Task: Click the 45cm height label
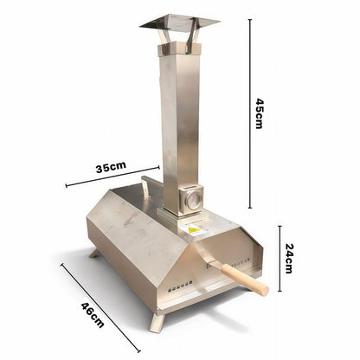tap(260, 113)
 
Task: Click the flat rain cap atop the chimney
tap(179, 22)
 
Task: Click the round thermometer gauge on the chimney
tap(193, 201)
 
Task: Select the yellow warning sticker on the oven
tap(195, 230)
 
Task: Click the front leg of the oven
tap(157, 321)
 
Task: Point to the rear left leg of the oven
tap(94, 253)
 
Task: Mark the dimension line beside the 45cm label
tap(250, 113)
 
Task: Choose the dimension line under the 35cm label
tap(112, 177)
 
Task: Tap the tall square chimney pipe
tap(180, 121)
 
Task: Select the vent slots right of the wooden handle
tap(253, 260)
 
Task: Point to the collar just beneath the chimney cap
tap(179, 50)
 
